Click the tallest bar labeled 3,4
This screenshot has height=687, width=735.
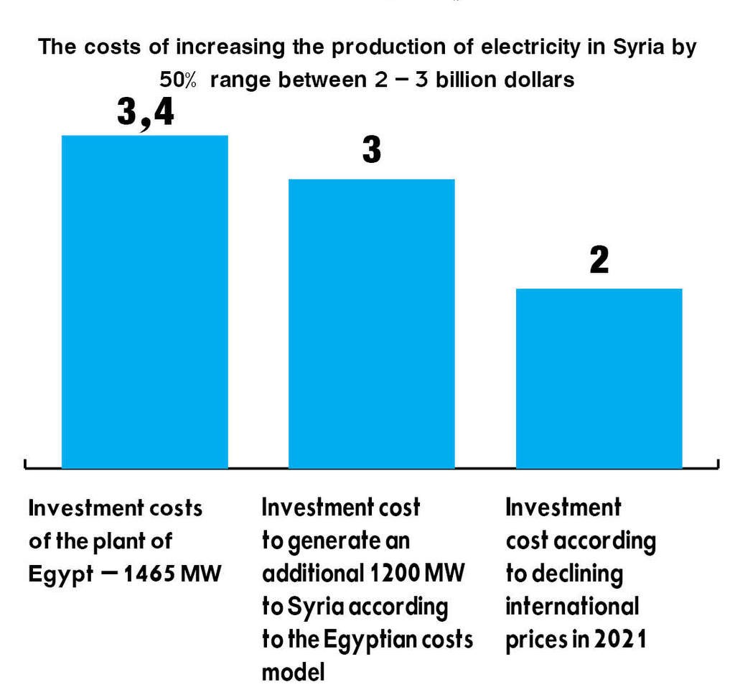tap(144, 302)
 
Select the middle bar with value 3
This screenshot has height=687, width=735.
tap(371, 323)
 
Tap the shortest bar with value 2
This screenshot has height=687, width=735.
tap(599, 378)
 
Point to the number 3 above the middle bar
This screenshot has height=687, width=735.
tap(371, 150)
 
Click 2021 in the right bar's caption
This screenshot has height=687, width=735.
tap(619, 640)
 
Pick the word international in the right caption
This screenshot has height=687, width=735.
tap(572, 607)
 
